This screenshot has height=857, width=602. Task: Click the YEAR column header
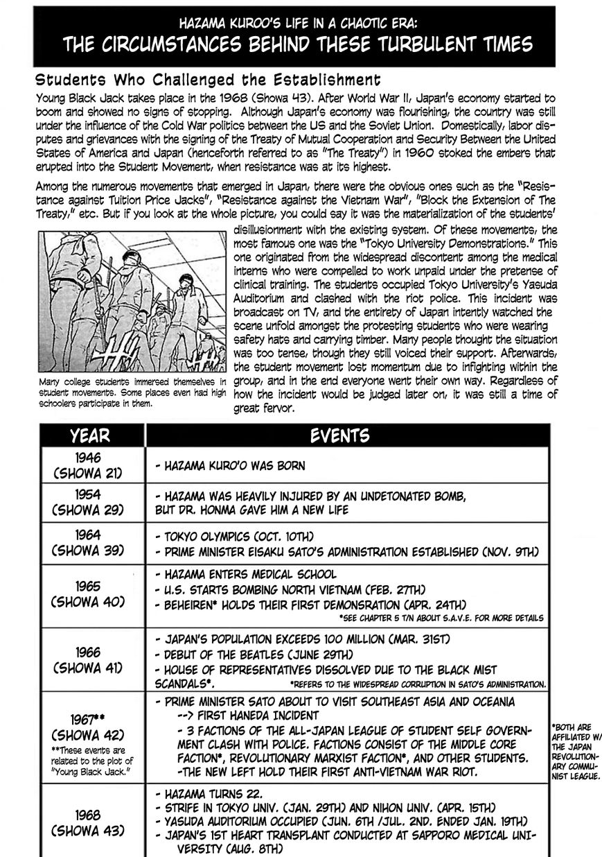tap(90, 435)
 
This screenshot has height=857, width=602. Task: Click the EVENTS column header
tap(339, 435)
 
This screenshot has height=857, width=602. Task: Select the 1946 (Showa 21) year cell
tap(88, 465)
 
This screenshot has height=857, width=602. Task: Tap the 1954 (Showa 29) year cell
tap(88, 503)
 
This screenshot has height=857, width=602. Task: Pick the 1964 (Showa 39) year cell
tap(88, 543)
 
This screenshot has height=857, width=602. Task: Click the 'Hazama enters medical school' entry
tap(246, 574)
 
